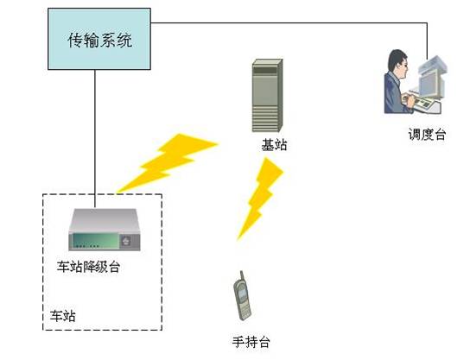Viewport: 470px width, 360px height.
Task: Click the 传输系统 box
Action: click(x=99, y=39)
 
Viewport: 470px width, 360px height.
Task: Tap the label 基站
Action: click(x=274, y=145)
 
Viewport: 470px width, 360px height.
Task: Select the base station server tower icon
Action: click(x=267, y=96)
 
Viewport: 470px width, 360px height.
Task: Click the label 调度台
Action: click(x=427, y=134)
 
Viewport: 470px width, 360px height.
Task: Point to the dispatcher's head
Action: click(x=397, y=64)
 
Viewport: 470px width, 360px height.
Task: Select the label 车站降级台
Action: click(x=89, y=267)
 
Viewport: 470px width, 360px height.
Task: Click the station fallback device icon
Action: click(x=105, y=230)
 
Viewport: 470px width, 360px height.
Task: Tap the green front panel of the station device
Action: click(x=95, y=241)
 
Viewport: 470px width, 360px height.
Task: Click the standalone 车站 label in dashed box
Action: click(x=63, y=316)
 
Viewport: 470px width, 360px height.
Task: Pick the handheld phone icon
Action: click(x=242, y=296)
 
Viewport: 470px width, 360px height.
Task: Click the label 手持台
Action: click(x=251, y=342)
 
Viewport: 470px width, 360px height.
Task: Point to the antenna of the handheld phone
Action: click(x=241, y=275)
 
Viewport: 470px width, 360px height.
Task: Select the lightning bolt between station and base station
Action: click(x=167, y=163)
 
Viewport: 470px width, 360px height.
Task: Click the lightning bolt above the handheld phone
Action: click(x=260, y=199)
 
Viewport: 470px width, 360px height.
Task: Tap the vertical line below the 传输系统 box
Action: click(x=95, y=139)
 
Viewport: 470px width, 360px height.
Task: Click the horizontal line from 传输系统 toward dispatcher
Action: click(x=289, y=22)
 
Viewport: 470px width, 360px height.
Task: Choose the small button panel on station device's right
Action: click(x=126, y=241)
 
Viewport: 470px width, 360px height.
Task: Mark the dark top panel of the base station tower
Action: click(x=265, y=71)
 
